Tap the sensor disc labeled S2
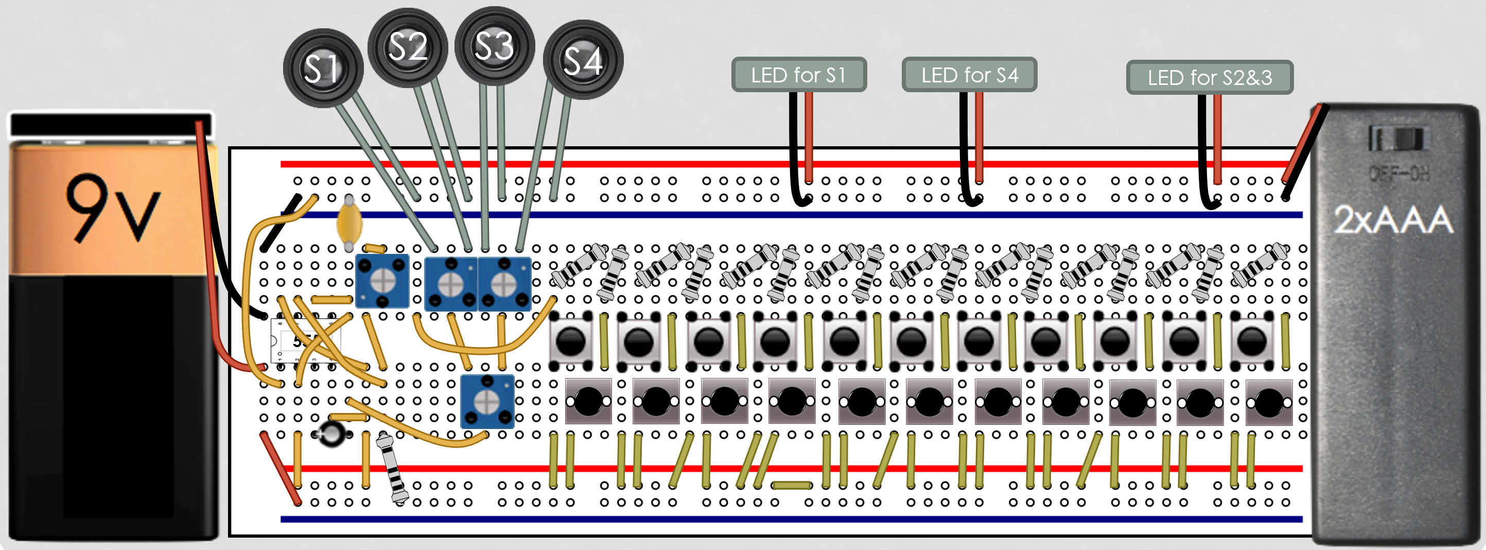[x=407, y=47]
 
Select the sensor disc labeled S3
[x=494, y=46]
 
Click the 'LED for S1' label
[x=798, y=75]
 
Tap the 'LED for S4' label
[x=969, y=75]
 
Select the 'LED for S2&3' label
[x=1209, y=77]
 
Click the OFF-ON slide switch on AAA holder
[x=1396, y=139]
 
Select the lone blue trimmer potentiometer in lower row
[x=487, y=401]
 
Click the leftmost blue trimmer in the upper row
[x=382, y=281]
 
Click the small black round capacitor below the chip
[x=331, y=434]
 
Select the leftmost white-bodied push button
[x=570, y=341]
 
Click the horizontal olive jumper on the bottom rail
[x=792, y=485]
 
